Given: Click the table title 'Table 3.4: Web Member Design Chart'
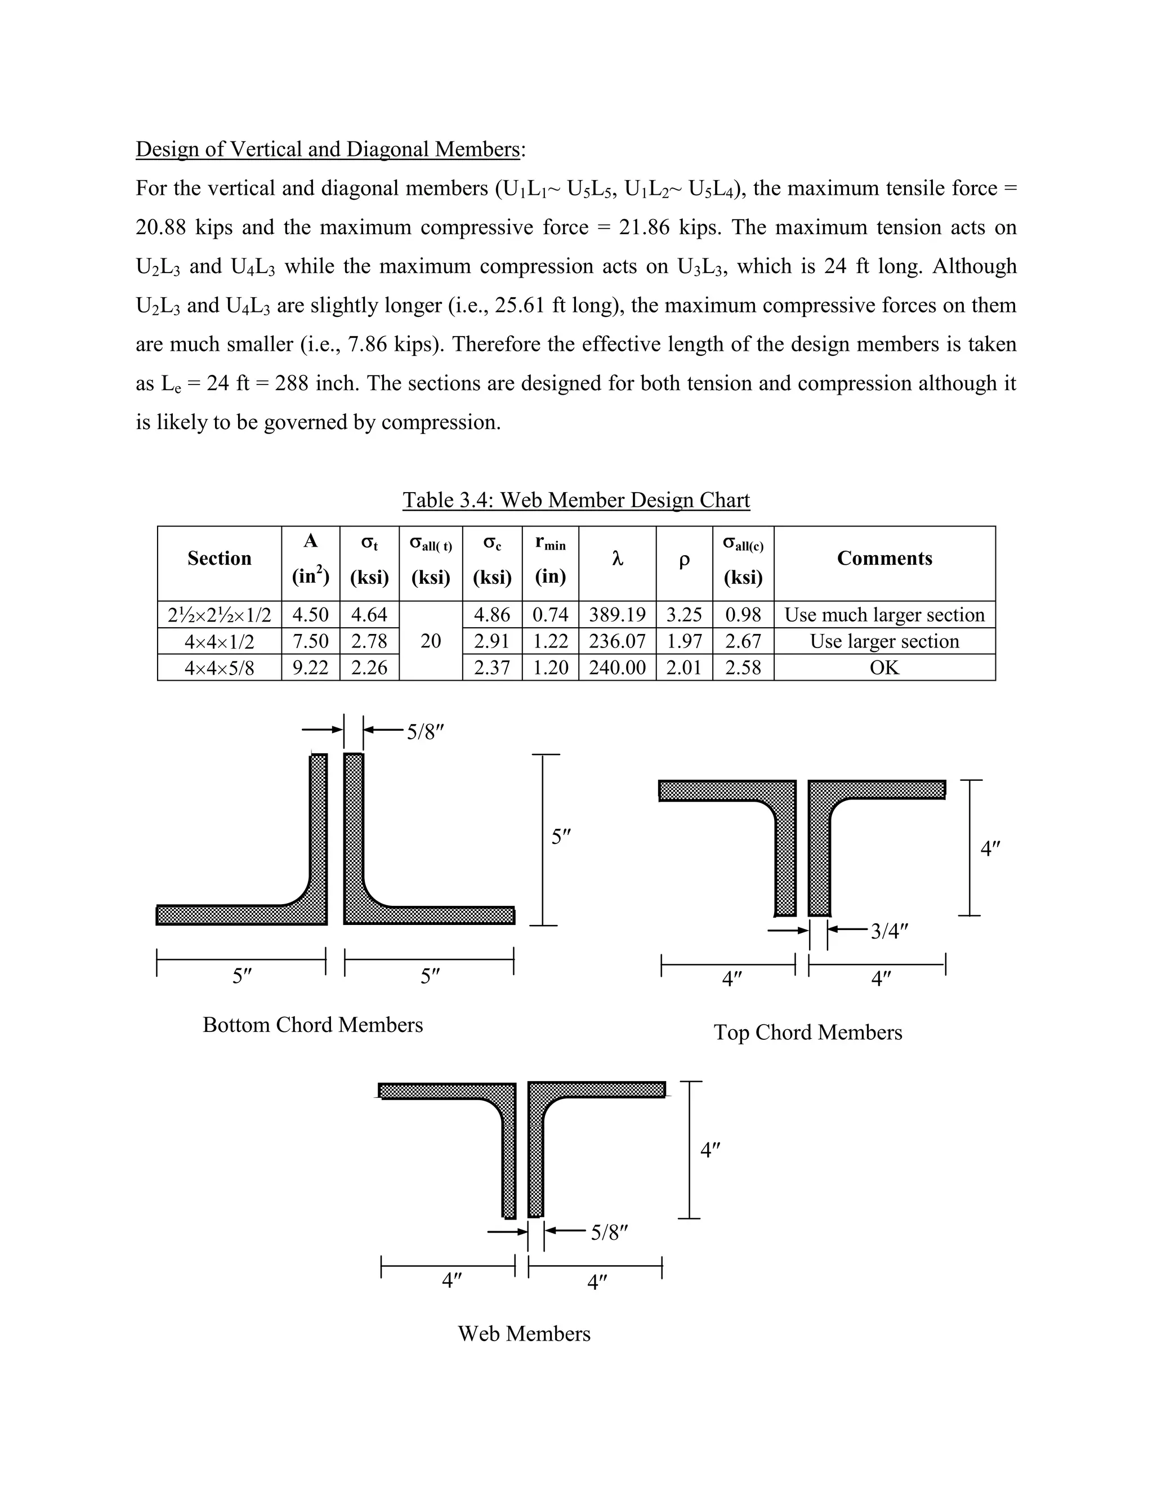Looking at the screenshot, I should coord(576,499).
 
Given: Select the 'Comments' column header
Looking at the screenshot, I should coord(884,558).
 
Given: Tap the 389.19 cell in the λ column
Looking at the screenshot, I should coord(617,614).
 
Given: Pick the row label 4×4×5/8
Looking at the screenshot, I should coord(219,667).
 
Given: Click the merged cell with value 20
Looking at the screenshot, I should coord(430,641).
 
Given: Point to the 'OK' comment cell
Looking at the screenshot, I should coord(884,667).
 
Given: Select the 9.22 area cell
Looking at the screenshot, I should coord(310,667).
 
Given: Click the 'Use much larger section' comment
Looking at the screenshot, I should coord(884,614).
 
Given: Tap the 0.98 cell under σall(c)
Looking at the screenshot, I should coord(743,614).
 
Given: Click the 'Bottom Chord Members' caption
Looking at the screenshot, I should coord(313,1025).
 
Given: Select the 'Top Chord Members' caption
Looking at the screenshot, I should coord(807,1032).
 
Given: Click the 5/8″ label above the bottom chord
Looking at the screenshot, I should coord(426,732).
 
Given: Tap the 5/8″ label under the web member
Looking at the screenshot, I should coord(609,1232).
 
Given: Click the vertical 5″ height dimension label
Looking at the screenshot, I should coord(561,837).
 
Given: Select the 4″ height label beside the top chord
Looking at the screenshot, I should coord(990,849).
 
